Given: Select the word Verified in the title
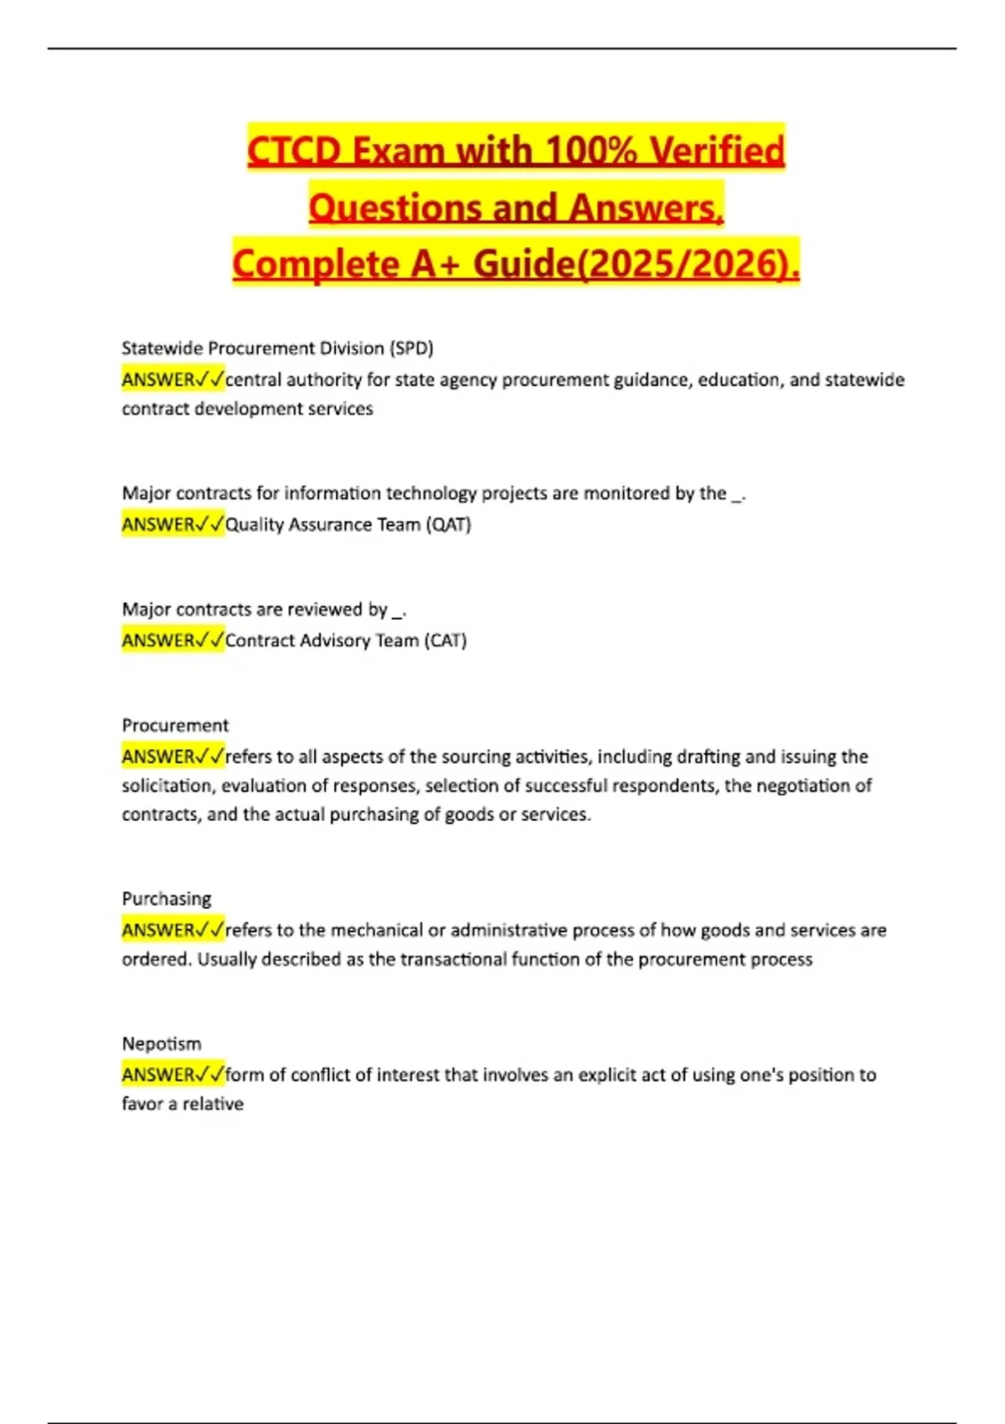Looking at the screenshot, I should (718, 152).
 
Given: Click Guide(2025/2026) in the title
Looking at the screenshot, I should (636, 265).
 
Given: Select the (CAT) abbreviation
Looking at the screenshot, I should (445, 641).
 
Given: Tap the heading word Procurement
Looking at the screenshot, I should (175, 725).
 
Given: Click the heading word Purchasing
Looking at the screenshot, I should (167, 899).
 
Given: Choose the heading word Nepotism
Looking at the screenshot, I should (162, 1044).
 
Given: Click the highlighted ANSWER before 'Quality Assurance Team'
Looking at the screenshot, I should (159, 525).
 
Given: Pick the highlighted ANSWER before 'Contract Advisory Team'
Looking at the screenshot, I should (159, 641).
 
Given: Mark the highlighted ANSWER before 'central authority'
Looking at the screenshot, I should (159, 380).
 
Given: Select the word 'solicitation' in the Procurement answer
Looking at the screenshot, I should (167, 786).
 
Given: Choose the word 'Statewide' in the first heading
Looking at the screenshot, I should (162, 348).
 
